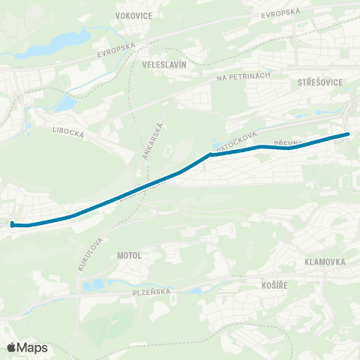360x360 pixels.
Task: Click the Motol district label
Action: coord(130,255)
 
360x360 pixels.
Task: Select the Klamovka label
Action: coord(325,262)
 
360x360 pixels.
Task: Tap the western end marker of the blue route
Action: coord(12,223)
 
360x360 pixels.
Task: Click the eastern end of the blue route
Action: coord(347,134)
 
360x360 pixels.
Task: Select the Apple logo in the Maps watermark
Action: coord(12,347)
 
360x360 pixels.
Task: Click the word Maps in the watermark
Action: coord(33,347)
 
